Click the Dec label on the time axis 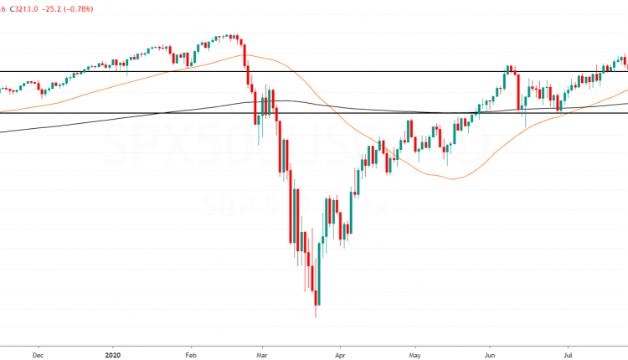(x=38, y=353)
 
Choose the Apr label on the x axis (x=340, y=353)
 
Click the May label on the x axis (x=416, y=353)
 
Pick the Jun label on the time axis (x=492, y=353)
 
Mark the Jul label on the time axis (x=568, y=353)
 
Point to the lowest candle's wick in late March (x=316, y=312)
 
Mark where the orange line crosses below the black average (x=332, y=105)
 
